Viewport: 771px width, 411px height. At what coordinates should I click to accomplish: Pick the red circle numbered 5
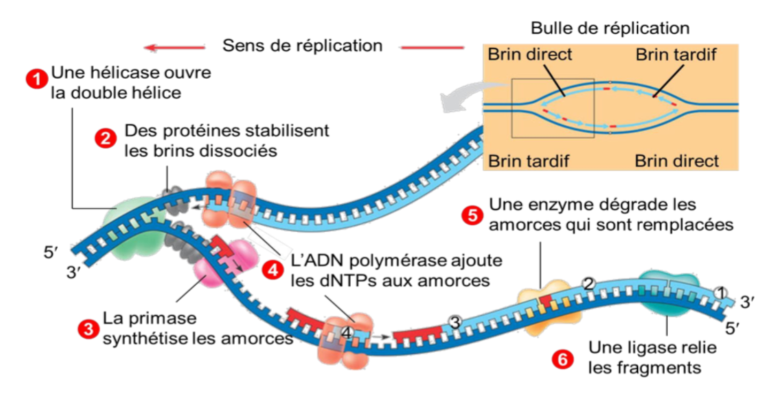pyautogui.click(x=472, y=215)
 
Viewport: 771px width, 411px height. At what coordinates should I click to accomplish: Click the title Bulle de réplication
pyautogui.click(x=610, y=28)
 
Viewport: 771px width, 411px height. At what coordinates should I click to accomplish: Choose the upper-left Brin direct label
pyautogui.click(x=530, y=55)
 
